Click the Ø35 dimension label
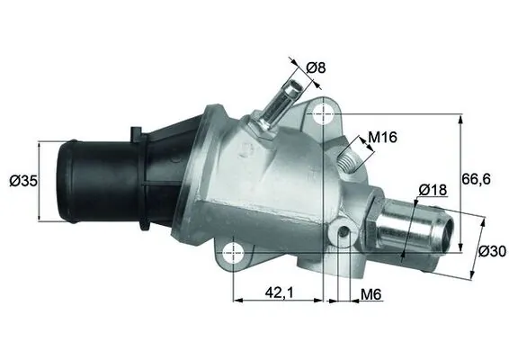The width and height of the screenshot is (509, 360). pos(22,180)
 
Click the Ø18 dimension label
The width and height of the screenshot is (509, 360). pos(433,190)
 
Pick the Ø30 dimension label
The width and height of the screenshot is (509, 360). pos(491,252)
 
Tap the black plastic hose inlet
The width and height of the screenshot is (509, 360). pos(90,180)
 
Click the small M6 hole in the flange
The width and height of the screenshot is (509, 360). pos(342,236)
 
